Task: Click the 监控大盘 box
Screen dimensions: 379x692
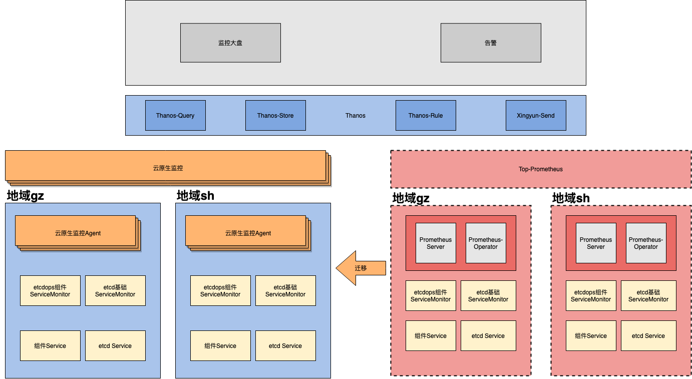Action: pyautogui.click(x=230, y=43)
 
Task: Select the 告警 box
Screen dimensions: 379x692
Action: pyautogui.click(x=491, y=43)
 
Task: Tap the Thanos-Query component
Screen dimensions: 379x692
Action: pyautogui.click(x=175, y=116)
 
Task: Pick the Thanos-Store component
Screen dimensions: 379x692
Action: pyautogui.click(x=275, y=116)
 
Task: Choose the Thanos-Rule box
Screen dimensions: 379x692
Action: pyautogui.click(x=426, y=116)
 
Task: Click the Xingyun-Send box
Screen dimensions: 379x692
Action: pyautogui.click(x=536, y=116)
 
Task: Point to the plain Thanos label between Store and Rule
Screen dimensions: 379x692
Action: pyautogui.click(x=356, y=116)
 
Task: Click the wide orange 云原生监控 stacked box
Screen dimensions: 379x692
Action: pyautogui.click(x=168, y=168)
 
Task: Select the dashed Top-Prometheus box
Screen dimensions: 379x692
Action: pyautogui.click(x=541, y=169)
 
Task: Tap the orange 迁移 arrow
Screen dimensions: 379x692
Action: pyautogui.click(x=361, y=268)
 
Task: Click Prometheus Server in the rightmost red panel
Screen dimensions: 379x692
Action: pyautogui.click(x=596, y=243)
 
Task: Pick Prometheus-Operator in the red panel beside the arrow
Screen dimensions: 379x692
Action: pyautogui.click(x=486, y=243)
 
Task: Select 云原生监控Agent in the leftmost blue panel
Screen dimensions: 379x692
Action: pyautogui.click(x=78, y=233)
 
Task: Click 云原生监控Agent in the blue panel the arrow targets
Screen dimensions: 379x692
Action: pyautogui.click(x=248, y=233)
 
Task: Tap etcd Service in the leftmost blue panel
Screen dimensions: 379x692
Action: pyautogui.click(x=115, y=345)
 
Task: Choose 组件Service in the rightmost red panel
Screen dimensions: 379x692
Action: pyautogui.click(x=591, y=335)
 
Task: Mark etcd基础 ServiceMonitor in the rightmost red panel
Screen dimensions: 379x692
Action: pyautogui.click(x=648, y=295)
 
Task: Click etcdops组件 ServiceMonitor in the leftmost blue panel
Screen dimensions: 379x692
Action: pyautogui.click(x=50, y=290)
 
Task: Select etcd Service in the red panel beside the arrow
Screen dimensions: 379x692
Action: pyautogui.click(x=488, y=335)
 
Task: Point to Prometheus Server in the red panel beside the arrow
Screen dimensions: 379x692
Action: pyautogui.click(x=436, y=243)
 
